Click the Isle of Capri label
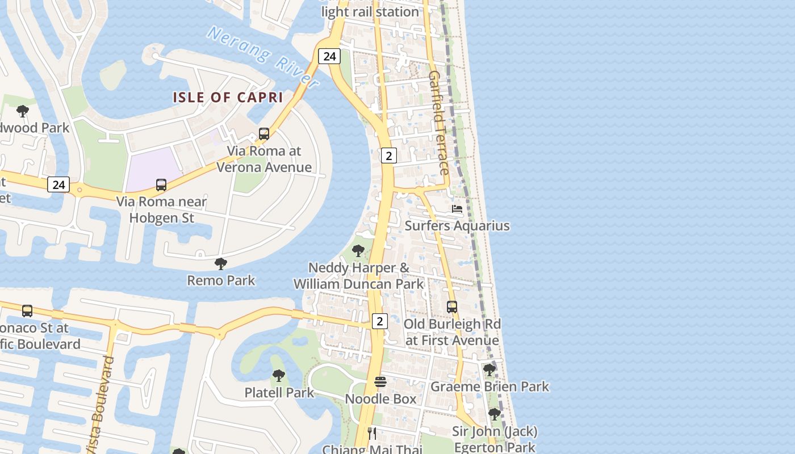click(228, 97)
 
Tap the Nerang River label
click(262, 57)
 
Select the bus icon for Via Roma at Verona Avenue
click(264, 134)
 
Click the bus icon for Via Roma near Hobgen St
click(161, 184)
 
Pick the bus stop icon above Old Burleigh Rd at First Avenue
click(452, 306)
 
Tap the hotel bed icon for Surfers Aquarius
click(457, 209)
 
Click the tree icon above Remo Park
click(221, 263)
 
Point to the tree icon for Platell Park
click(278, 375)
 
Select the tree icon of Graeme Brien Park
click(489, 370)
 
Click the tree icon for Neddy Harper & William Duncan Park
click(358, 250)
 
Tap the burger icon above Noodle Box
click(380, 382)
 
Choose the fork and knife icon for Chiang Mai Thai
click(372, 434)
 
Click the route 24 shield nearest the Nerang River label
click(329, 56)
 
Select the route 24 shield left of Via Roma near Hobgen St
click(58, 184)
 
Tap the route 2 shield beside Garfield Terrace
click(388, 155)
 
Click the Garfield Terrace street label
click(439, 123)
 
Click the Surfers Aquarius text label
click(457, 226)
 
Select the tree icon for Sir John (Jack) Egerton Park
click(494, 414)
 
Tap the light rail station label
click(370, 11)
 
